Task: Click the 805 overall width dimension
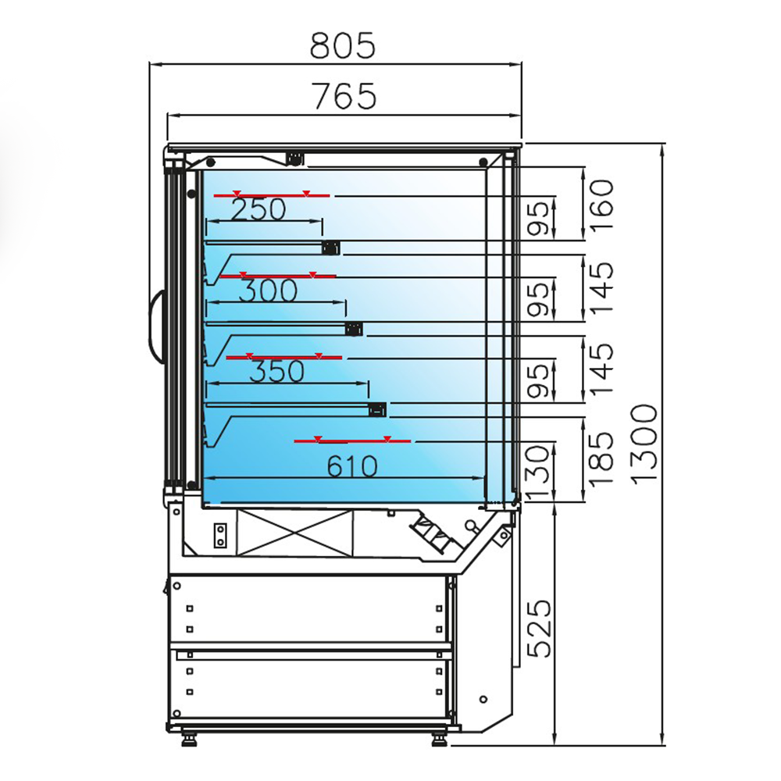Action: click(343, 46)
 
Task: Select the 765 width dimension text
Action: click(344, 96)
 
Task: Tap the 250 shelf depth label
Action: click(259, 209)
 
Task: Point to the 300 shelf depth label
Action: click(268, 291)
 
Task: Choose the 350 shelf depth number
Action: click(276, 371)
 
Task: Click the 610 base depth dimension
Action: click(351, 467)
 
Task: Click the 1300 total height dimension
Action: click(646, 445)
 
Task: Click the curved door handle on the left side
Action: click(155, 327)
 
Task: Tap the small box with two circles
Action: click(221, 536)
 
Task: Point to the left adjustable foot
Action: click(188, 737)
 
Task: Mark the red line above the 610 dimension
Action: click(352, 441)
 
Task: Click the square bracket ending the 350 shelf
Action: click(377, 408)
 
